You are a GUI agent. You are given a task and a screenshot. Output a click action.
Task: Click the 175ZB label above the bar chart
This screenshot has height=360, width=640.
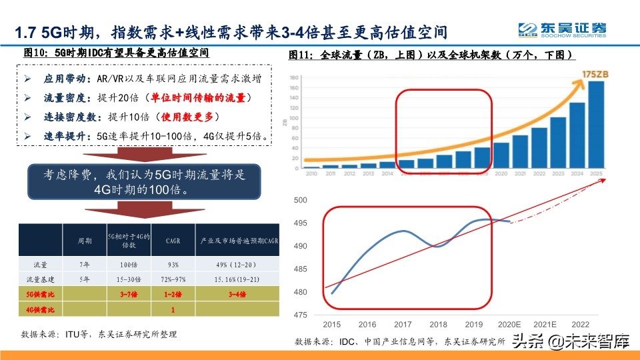593,72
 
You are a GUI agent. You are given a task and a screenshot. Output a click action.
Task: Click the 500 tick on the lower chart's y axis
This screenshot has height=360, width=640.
301,200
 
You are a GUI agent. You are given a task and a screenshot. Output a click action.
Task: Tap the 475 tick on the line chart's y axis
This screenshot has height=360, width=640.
301,315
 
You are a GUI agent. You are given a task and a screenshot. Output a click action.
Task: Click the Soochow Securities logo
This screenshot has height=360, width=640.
563,29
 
